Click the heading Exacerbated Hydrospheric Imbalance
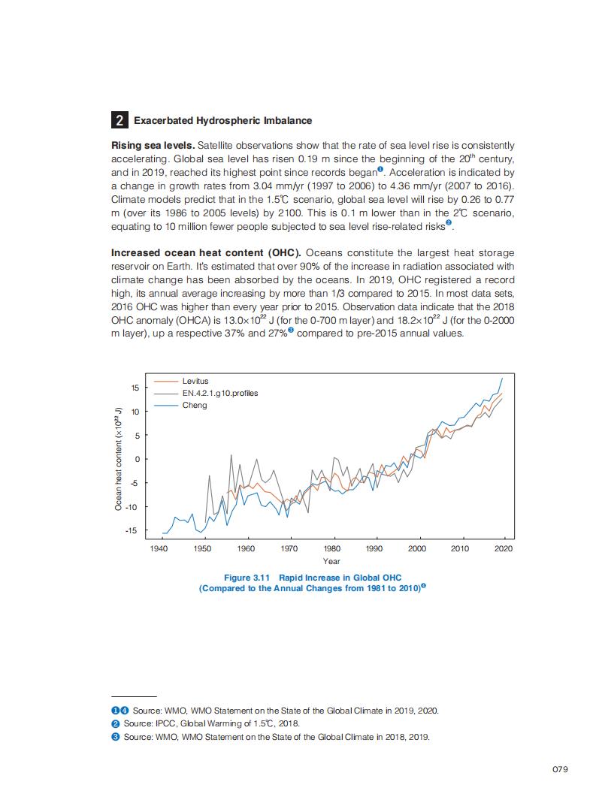222,120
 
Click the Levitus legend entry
195,381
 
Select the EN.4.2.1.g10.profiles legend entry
219,393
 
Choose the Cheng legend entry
194,405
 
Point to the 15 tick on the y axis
135,388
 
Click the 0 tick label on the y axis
138,459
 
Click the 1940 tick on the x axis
159,549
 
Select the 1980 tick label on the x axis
331,549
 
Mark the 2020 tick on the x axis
504,549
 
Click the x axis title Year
331,561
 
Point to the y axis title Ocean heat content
118,459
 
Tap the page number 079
559,769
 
